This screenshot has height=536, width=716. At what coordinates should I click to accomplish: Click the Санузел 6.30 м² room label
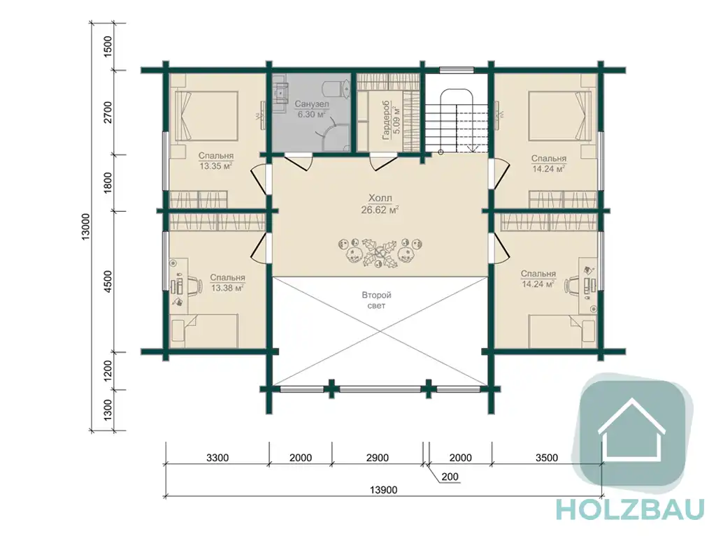point(311,109)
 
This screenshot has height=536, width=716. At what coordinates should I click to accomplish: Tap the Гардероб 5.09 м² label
point(390,120)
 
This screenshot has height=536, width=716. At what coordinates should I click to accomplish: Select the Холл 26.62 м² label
point(380,204)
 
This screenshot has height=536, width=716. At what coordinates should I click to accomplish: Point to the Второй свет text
point(376,300)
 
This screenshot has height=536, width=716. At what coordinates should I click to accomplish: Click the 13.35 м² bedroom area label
point(215,166)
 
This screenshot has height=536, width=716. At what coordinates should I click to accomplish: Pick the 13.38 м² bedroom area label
point(227,288)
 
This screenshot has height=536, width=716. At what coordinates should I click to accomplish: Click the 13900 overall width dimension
point(383,491)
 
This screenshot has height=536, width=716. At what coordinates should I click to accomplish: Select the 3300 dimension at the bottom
point(217,458)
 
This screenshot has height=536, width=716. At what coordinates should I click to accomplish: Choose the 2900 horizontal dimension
point(377,458)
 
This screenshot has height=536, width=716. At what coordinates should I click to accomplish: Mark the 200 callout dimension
point(450,477)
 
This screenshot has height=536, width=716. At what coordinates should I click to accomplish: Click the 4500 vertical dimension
point(108,281)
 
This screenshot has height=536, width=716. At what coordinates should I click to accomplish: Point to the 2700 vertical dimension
point(108,113)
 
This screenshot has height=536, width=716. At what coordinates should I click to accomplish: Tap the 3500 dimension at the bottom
point(547,458)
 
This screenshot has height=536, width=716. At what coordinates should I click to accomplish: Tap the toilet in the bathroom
point(336,89)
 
